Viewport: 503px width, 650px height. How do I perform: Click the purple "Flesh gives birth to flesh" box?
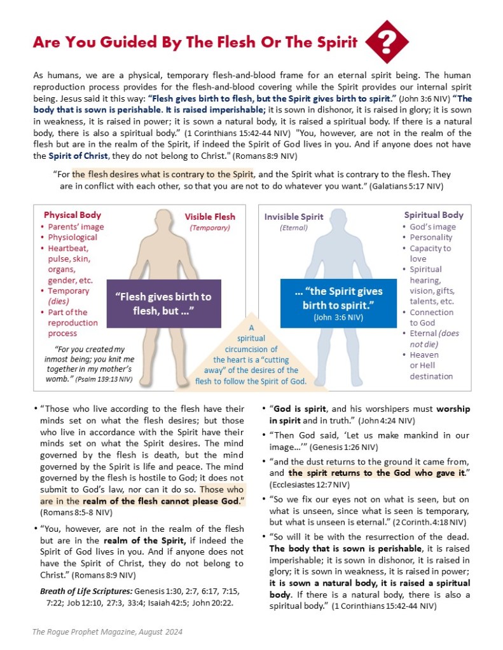(x=163, y=303)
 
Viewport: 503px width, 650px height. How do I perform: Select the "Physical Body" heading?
(x=72, y=215)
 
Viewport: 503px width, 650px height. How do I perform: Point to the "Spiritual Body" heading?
(x=434, y=215)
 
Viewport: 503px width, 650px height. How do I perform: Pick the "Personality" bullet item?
(x=431, y=238)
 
